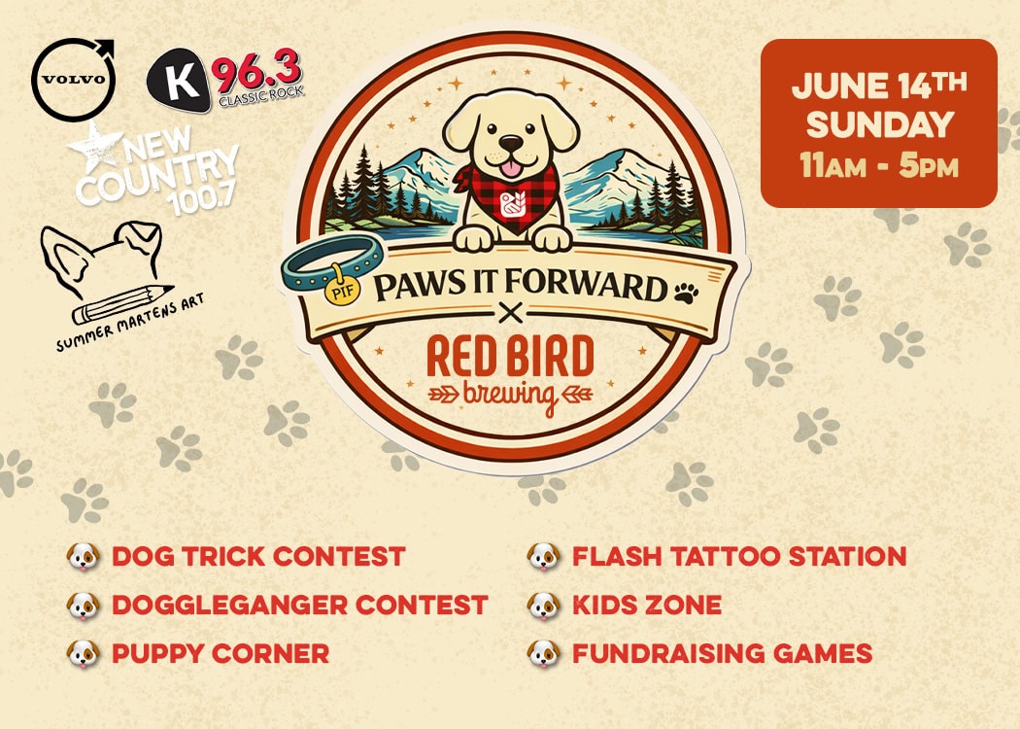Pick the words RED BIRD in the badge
click(509, 358)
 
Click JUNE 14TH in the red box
click(878, 87)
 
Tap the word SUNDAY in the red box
click(878, 126)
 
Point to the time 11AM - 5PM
click(878, 165)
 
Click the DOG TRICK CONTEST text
click(257, 557)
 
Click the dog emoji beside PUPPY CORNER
click(84, 653)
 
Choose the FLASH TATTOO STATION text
click(738, 557)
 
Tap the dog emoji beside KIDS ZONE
click(544, 605)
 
